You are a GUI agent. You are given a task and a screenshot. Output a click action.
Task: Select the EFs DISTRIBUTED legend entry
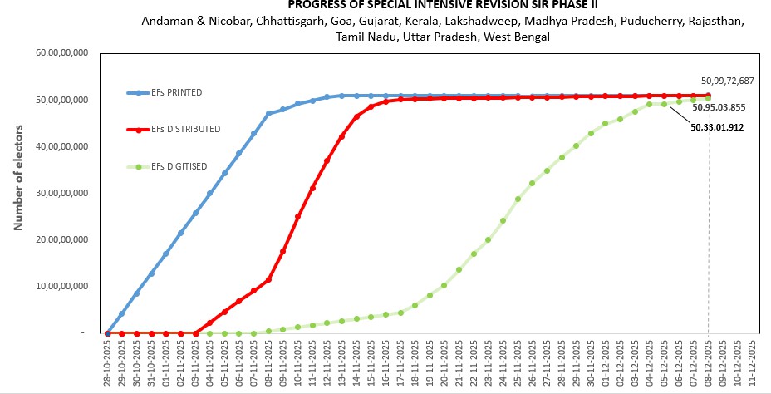click(x=185, y=129)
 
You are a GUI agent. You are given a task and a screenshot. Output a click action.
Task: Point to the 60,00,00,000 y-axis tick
click(x=61, y=53)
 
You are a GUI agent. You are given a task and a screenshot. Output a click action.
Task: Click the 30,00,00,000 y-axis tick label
click(x=61, y=193)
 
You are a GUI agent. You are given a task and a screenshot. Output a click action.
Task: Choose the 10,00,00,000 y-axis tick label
click(x=61, y=286)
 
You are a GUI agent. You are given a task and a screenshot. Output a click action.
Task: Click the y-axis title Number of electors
click(x=17, y=178)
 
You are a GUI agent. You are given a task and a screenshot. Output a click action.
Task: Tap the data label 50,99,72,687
click(x=727, y=81)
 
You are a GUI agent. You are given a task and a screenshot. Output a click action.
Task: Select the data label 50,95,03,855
click(x=718, y=108)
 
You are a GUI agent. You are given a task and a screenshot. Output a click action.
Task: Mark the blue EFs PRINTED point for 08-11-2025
click(x=268, y=114)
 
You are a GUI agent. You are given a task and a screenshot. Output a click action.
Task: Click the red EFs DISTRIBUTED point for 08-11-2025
click(x=268, y=279)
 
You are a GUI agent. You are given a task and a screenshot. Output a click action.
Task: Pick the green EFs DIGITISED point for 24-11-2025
click(x=503, y=220)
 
